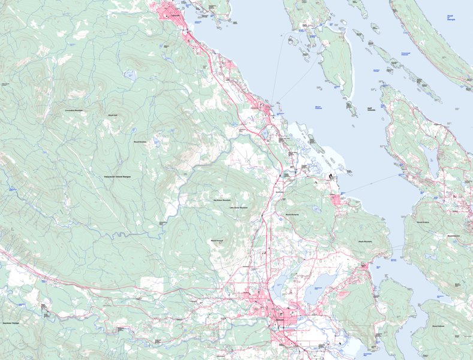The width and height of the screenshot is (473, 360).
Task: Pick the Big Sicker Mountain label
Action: pos(222,200)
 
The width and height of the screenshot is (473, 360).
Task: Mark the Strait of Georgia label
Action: pos(450,19)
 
